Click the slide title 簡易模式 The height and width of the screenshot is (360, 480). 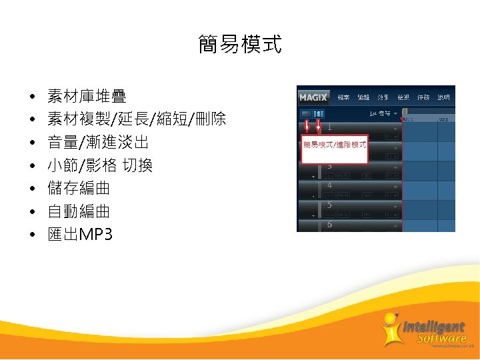pos(240,45)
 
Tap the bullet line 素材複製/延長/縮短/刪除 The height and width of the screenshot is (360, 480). pos(137,120)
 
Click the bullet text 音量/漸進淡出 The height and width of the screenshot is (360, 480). pos(98,143)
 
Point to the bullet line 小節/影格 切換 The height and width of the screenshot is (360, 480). pos(100,165)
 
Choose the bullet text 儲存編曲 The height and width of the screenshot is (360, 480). pos(79,189)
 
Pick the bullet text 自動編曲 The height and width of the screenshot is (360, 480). pos(79,211)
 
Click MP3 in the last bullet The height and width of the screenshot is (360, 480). pos(95,235)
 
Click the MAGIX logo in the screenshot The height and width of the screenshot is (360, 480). pos(313,97)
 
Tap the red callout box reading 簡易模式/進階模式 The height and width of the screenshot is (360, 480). pos(335,144)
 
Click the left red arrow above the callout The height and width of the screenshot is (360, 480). pos(307,127)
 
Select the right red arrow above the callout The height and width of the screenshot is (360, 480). pos(319,127)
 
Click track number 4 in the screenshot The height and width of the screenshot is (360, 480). pos(329,185)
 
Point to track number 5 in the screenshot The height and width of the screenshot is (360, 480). pos(329,205)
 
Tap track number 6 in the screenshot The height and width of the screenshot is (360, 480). pos(329,225)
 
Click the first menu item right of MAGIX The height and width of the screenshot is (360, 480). pos(343,97)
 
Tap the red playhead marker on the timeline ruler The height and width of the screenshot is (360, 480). pos(402,119)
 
